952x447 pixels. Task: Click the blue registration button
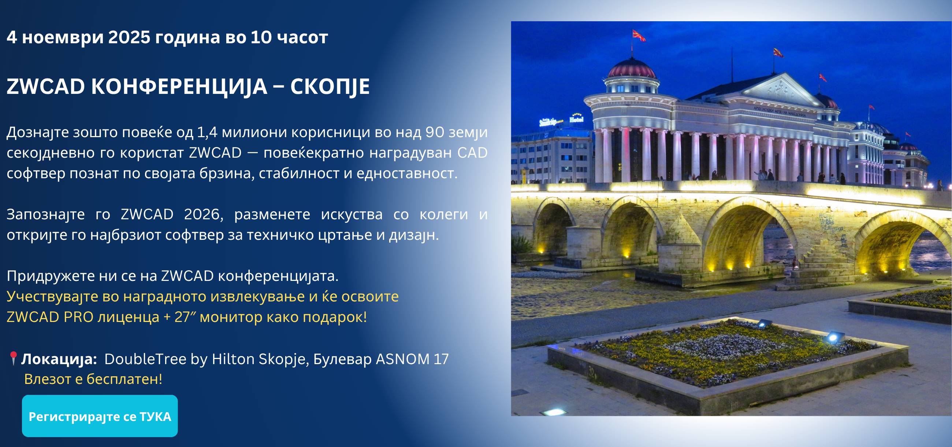pos(100,416)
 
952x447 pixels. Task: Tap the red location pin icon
pos(13,358)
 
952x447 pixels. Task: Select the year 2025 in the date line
pos(129,37)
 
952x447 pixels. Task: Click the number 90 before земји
pos(435,132)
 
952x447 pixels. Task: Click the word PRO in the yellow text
pos(78,317)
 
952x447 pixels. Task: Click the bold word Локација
pos(59,359)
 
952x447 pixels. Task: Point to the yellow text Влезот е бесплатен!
pos(93,379)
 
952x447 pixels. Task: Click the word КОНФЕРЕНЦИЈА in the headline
pos(179,87)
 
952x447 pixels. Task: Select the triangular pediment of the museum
pos(781,89)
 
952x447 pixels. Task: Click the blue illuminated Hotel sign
pos(577,118)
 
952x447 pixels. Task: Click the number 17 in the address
pos(441,359)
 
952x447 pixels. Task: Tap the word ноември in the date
pos(63,37)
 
